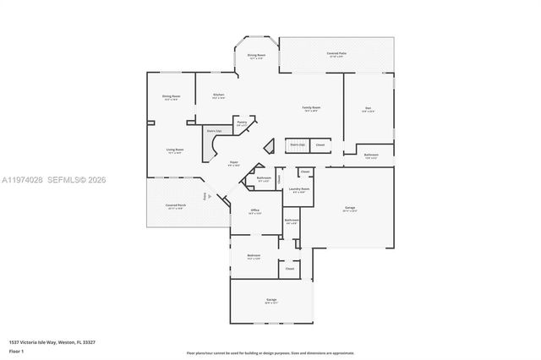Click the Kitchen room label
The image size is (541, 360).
click(x=218, y=95)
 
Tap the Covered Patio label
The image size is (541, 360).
click(x=337, y=54)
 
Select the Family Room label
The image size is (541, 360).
click(x=311, y=108)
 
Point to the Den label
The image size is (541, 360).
click(x=369, y=108)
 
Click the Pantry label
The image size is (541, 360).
click(x=242, y=123)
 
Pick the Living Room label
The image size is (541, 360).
click(x=175, y=150)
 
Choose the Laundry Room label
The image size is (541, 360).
click(x=297, y=189)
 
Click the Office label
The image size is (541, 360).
click(x=254, y=211)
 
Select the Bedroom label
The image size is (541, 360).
click(x=254, y=256)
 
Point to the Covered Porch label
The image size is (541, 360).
click(x=176, y=205)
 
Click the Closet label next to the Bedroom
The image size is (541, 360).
click(x=289, y=269)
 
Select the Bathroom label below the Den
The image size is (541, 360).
click(x=370, y=155)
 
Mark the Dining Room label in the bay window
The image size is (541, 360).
click(x=256, y=57)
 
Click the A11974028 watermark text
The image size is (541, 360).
click(x=24, y=180)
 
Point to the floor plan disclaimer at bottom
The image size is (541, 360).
click(x=270, y=352)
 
